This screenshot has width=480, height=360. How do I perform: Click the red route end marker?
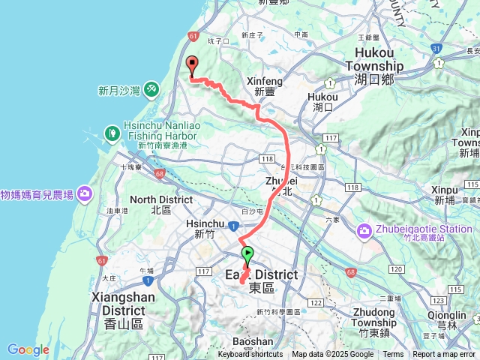pyautogui.click(x=191, y=66)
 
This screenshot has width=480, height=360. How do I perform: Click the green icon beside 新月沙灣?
pyautogui.click(x=151, y=89)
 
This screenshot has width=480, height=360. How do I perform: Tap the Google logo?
pyautogui.click(x=28, y=349)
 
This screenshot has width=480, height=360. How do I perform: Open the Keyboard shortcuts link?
pyautogui.click(x=250, y=355)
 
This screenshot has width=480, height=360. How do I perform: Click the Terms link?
pyautogui.click(x=393, y=355)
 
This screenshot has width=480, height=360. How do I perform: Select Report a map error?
pyautogui.click(x=444, y=355)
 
